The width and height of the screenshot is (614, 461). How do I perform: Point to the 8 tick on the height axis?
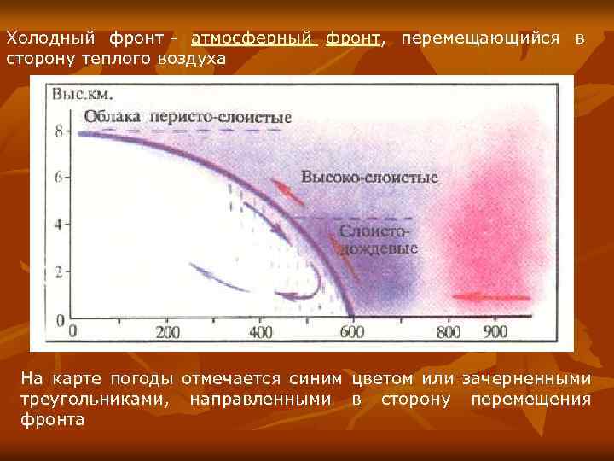59,131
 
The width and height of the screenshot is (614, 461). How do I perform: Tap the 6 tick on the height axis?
59,178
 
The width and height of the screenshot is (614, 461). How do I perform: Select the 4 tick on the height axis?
59,225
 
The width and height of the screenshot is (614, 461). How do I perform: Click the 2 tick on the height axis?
59,272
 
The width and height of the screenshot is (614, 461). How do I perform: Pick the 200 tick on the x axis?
169,332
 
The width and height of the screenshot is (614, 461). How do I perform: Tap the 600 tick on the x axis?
351,332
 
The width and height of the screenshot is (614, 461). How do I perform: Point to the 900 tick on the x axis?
492,332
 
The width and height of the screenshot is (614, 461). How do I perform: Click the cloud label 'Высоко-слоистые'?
369,178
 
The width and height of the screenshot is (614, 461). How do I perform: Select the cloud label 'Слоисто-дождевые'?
379,241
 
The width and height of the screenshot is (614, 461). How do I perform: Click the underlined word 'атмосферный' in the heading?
253,39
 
